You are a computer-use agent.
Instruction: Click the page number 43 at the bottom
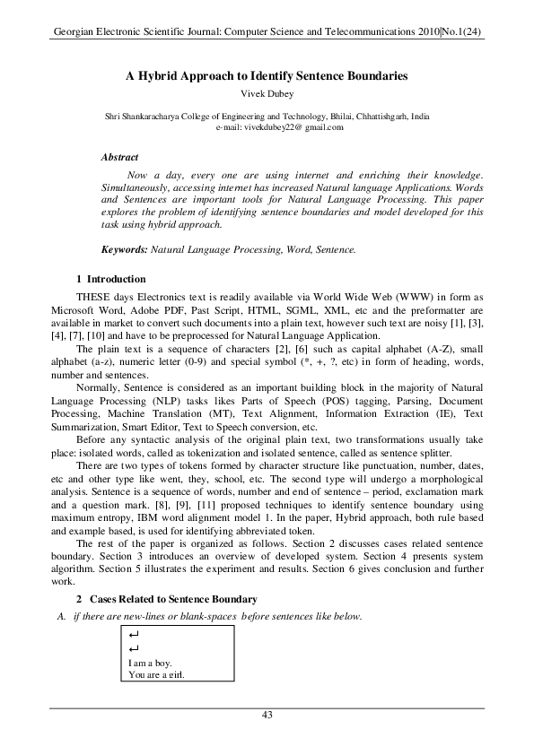coord(267,714)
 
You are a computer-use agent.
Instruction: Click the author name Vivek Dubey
coord(267,93)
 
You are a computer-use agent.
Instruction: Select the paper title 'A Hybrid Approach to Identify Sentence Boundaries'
coord(267,77)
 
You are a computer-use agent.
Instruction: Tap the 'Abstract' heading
coord(119,157)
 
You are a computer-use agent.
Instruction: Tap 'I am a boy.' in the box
coord(151,663)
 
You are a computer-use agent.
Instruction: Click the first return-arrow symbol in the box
coord(135,635)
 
